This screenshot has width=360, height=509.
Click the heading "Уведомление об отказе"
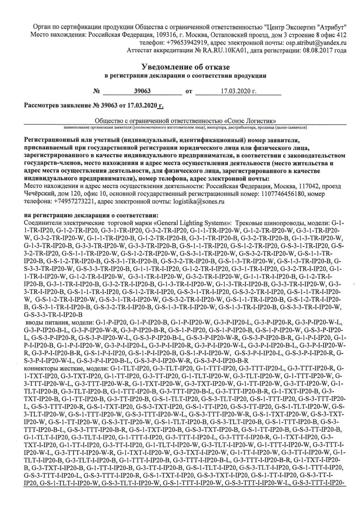coord(180,67)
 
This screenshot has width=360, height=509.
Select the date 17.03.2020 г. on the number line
coord(239,92)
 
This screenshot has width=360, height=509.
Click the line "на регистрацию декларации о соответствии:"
coord(91,215)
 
